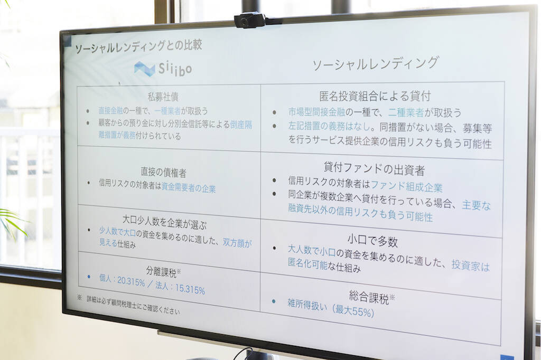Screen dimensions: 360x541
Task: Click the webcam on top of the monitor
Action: coord(250,20)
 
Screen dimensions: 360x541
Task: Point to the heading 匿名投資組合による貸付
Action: coord(375,97)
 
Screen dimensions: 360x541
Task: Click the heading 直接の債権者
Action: coord(163,172)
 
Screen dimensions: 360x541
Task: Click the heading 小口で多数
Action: coord(372,242)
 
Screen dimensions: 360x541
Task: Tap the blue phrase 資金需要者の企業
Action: coord(189,188)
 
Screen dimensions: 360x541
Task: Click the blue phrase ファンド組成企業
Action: coord(407,187)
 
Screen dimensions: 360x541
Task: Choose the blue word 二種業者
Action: coord(407,112)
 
